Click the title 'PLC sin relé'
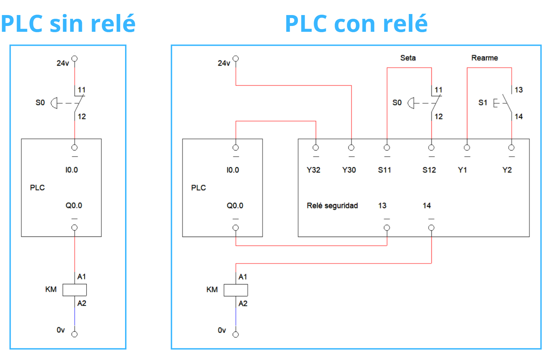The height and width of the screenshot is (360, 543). coord(68,24)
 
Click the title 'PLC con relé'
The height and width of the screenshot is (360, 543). coord(356,24)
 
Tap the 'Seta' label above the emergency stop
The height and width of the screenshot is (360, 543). coord(408,58)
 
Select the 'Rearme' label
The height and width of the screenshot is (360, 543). coord(484,58)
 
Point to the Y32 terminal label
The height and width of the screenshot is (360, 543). coord(313,170)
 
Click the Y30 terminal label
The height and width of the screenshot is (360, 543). coord(349,170)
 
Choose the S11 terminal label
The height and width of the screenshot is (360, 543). coord(384,170)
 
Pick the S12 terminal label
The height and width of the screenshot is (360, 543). coord(429,170)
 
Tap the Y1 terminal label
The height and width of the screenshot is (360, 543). coord(462,170)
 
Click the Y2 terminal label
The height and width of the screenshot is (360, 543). coord(507,170)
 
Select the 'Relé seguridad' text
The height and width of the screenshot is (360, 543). coord(332,205)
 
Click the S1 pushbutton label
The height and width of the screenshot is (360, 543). coord(483,103)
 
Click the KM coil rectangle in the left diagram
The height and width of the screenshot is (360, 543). coord(74,290)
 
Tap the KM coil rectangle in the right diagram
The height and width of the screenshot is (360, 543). coord(236,290)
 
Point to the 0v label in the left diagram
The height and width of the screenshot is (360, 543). coord(60,330)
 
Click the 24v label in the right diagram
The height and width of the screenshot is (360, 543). coord(224,63)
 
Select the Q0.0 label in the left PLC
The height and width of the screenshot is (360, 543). coord(74,205)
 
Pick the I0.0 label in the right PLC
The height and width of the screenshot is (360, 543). coord(233,170)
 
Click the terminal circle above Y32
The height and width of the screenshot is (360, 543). coord(316,148)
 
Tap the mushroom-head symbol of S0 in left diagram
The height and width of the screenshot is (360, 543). coord(54,103)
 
